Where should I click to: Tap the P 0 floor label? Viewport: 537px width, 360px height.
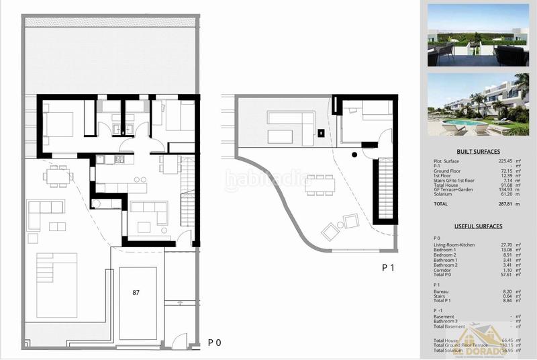tap(215, 342)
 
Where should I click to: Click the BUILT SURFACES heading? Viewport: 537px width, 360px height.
tap(478, 152)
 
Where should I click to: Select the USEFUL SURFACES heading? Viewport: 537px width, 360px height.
tap(478, 226)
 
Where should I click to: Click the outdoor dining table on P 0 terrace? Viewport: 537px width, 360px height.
tap(58, 177)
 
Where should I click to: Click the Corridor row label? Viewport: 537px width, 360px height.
tap(444, 269)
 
